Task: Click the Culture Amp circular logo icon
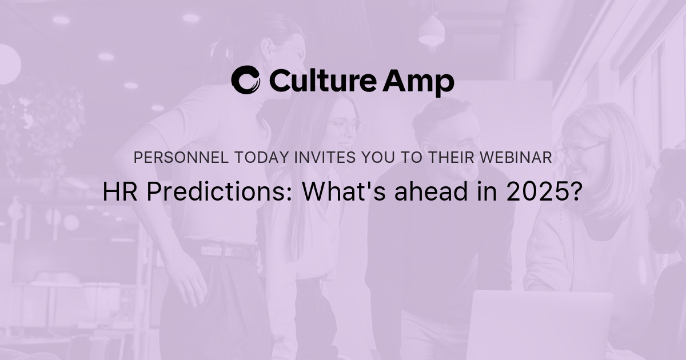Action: pos(246,80)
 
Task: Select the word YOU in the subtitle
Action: pos(376,158)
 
